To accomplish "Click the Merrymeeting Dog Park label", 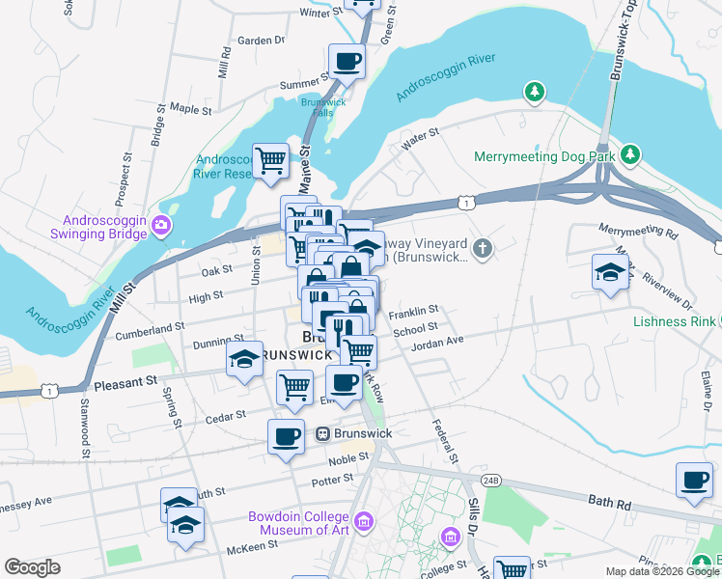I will click(x=544, y=156).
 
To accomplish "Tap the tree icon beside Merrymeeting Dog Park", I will click(x=630, y=154).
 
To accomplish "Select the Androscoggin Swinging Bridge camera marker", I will click(x=161, y=227).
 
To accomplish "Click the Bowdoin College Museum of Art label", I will click(x=297, y=523).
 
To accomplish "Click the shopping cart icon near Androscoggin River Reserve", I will click(x=271, y=160).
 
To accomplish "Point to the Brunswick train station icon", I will click(x=323, y=434).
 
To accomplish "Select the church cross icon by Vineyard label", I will click(x=483, y=250).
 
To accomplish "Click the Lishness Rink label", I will click(x=675, y=321).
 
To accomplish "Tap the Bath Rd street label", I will click(x=608, y=500).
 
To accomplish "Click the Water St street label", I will click(x=421, y=140).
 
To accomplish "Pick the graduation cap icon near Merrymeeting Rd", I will click(x=610, y=273).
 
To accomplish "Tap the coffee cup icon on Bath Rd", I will click(x=694, y=480).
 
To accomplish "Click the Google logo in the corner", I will click(x=32, y=567).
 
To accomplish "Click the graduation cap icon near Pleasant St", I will click(x=245, y=359).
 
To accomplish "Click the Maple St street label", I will click(x=190, y=110).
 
